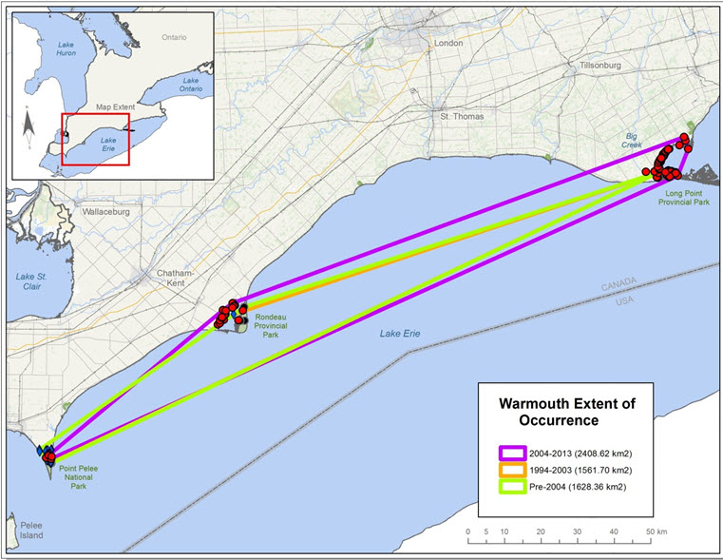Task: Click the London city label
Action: click(447, 44)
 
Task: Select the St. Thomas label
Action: click(461, 116)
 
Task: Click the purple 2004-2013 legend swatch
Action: click(514, 452)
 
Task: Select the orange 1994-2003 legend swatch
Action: click(514, 470)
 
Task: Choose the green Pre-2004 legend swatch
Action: click(514, 488)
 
